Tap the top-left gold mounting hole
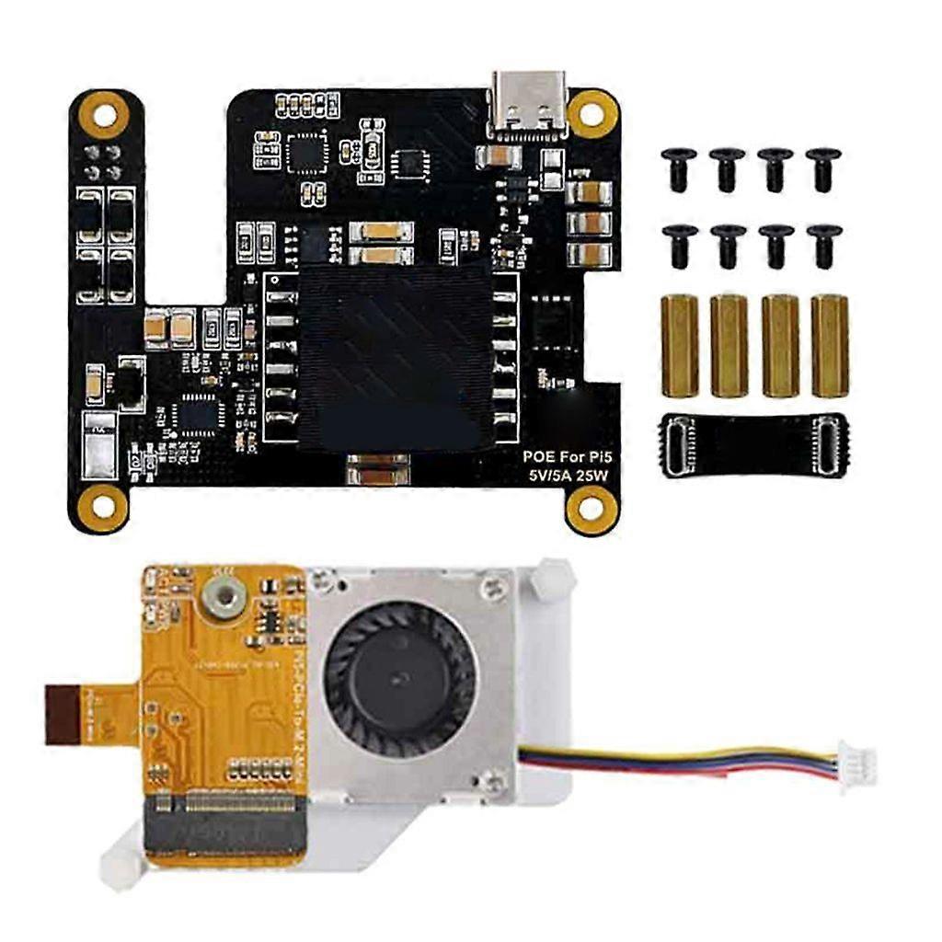click(104, 115)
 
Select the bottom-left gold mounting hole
click(103, 503)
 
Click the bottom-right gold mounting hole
click(592, 507)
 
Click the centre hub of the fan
click(399, 675)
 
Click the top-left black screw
click(678, 167)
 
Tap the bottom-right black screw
click(823, 245)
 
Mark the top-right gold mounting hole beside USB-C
click(592, 113)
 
